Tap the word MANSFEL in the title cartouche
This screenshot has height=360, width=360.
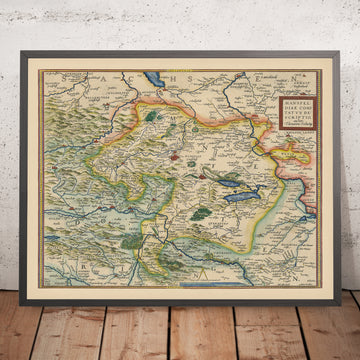(295, 99)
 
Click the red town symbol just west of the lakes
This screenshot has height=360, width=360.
(174, 155)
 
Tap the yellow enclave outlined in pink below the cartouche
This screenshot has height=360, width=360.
(296, 156)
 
